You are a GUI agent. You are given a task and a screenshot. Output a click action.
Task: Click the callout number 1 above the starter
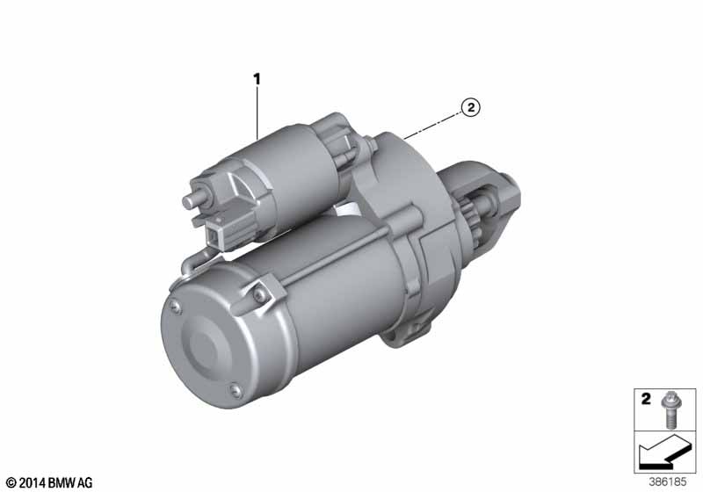(257, 80)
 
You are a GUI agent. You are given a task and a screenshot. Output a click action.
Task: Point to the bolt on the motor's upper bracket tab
(263, 287)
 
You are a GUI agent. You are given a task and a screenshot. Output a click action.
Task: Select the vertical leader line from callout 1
(257, 110)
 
